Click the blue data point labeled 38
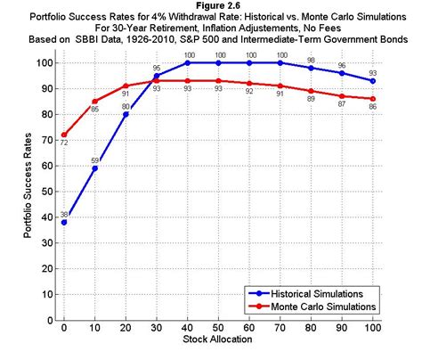[x=63, y=222]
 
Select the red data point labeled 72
[x=63, y=135]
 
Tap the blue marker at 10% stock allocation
[x=94, y=168]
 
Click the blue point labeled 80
[x=126, y=114]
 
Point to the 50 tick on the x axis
[x=219, y=330]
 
